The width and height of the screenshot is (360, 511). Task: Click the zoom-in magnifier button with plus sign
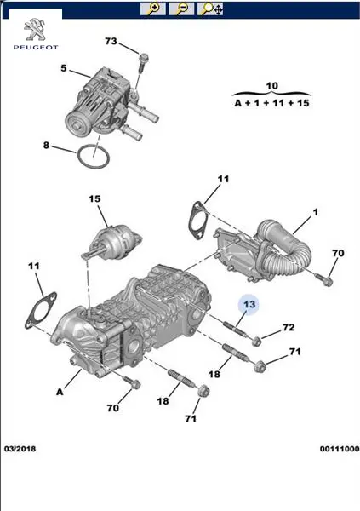[152, 9]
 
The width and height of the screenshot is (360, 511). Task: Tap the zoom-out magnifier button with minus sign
[181, 9]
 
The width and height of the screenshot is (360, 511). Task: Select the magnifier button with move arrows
[210, 9]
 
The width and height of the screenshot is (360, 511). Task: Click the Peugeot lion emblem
[36, 30]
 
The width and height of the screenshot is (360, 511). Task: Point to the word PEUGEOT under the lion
[36, 48]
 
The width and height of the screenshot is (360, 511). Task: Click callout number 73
[111, 42]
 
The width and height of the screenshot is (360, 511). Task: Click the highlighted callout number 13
[249, 305]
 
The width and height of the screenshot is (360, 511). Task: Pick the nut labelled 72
[256, 342]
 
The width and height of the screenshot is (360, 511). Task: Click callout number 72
[288, 327]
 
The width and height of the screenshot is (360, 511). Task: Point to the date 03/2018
[20, 449]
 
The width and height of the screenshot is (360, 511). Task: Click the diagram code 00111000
[340, 449]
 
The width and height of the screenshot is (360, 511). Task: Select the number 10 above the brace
[272, 86]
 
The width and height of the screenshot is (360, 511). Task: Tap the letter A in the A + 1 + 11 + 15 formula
[238, 103]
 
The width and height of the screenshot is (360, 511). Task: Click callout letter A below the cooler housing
[60, 392]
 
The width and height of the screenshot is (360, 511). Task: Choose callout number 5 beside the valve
[64, 68]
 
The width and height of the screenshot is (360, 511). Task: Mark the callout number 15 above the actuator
[94, 198]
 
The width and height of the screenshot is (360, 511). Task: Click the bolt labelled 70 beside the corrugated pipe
[324, 279]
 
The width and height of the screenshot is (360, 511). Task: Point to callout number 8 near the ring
[46, 145]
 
